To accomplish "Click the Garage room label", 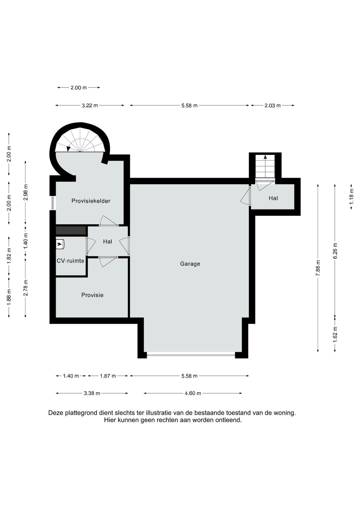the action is (x=190, y=264).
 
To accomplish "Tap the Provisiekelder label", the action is (x=91, y=201).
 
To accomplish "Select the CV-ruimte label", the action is (x=70, y=261).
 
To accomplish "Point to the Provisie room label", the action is (x=92, y=295).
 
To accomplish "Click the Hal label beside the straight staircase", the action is (x=273, y=198).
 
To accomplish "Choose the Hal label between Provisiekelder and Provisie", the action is (x=107, y=242).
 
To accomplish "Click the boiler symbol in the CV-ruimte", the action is (x=60, y=244).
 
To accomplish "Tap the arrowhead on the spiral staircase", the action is (x=68, y=149).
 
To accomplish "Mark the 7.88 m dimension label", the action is (x=318, y=268).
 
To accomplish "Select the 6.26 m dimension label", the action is (x=335, y=251).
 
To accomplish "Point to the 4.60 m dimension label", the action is (x=193, y=393).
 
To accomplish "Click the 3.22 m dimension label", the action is (x=90, y=105).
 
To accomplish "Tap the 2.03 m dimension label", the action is (x=273, y=105).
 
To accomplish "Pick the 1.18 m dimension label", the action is (x=352, y=196).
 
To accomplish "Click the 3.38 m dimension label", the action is (x=92, y=393).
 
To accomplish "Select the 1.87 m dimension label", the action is (x=108, y=376).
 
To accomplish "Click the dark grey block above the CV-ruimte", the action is (x=71, y=230).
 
